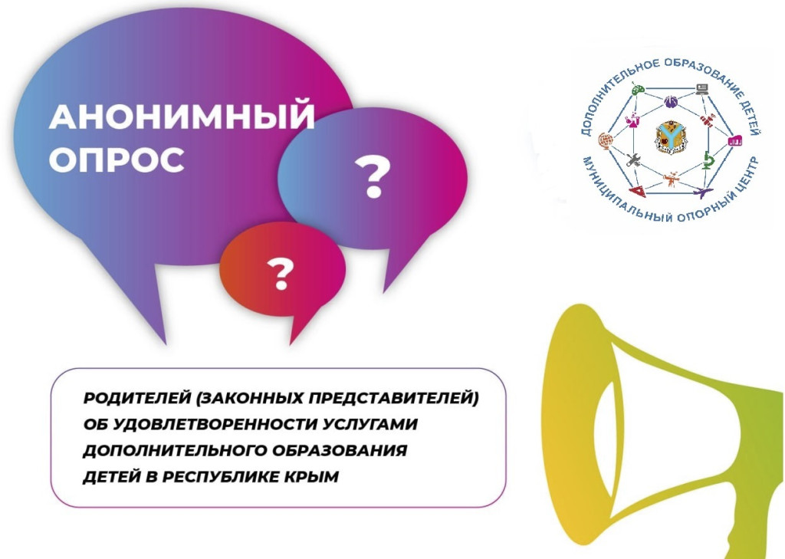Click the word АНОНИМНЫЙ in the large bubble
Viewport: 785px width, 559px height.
point(182,117)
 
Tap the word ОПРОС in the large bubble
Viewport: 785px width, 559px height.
point(117,159)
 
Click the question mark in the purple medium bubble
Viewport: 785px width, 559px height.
point(372,176)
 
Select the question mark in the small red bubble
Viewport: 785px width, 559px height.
point(280,274)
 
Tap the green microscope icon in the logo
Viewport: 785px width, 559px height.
point(708,160)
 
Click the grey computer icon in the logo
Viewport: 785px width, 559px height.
point(702,89)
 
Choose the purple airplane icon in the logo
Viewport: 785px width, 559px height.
point(703,192)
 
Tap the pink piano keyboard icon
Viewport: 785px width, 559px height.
point(734,140)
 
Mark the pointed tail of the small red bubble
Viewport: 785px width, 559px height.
point(291,344)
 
